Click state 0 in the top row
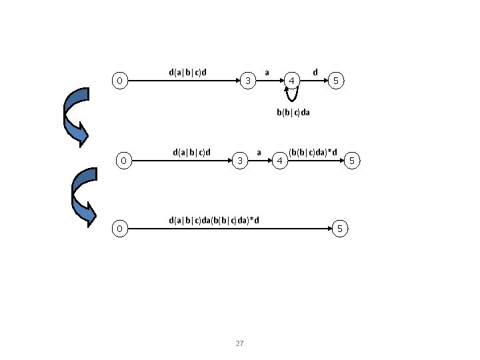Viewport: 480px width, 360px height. pyautogui.click(x=119, y=81)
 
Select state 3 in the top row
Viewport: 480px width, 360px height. pyautogui.click(x=247, y=81)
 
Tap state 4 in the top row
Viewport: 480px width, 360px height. pyautogui.click(x=291, y=81)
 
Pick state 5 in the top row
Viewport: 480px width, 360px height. pyautogui.click(x=337, y=81)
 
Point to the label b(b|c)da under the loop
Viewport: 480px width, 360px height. pyautogui.click(x=293, y=113)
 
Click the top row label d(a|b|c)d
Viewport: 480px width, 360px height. pyautogui.click(x=187, y=71)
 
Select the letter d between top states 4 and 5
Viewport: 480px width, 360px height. pyautogui.click(x=315, y=71)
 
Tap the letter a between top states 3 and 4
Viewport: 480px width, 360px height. pyautogui.click(x=267, y=71)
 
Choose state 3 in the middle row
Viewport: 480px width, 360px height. pyautogui.click(x=239, y=161)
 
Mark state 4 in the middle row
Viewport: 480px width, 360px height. pyautogui.click(x=281, y=161)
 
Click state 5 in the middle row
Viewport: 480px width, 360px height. pyautogui.click(x=353, y=161)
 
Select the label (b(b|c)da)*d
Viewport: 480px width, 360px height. pyautogui.click(x=313, y=153)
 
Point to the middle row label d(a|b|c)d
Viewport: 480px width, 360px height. pyautogui.click(x=191, y=151)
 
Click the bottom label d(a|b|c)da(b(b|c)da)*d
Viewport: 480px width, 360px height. pyautogui.click(x=214, y=219)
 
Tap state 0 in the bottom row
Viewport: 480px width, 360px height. pyautogui.click(x=119, y=229)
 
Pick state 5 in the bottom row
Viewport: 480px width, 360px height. pyautogui.click(x=339, y=229)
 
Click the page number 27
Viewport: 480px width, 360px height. pyautogui.click(x=240, y=343)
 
